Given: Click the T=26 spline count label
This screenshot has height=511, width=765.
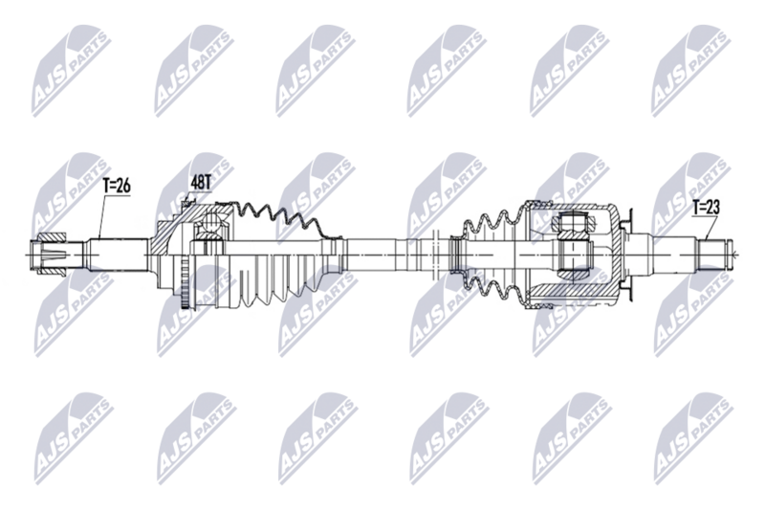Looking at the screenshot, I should (x=117, y=187).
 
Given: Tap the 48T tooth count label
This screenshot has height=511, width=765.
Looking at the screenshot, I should (x=203, y=182).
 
